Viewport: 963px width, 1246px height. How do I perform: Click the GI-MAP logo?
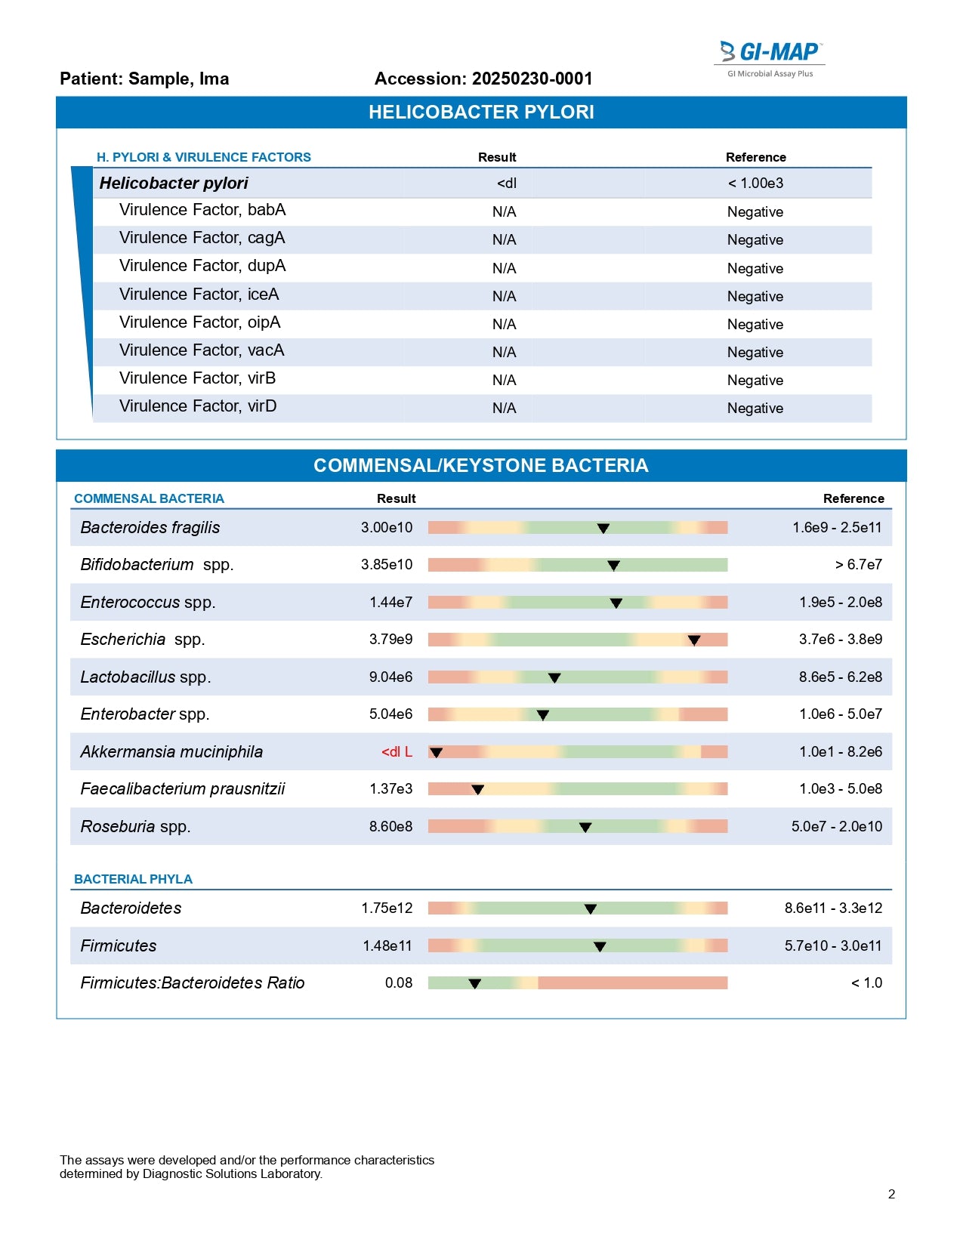(x=770, y=57)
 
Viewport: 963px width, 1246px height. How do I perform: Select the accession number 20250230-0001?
(x=532, y=79)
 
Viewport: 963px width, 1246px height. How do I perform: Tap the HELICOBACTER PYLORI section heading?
(x=481, y=113)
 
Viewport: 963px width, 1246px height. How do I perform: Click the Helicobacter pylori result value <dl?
(x=507, y=184)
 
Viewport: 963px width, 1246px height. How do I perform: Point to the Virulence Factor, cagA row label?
(x=202, y=238)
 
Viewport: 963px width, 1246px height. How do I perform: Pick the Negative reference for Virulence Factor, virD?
(x=755, y=409)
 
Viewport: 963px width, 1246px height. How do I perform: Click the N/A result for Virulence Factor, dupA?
(x=504, y=269)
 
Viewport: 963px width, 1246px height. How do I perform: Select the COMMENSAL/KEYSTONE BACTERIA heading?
(x=481, y=466)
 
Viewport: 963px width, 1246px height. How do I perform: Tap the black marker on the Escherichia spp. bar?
(x=694, y=640)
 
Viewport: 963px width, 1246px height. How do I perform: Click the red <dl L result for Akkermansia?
(x=397, y=752)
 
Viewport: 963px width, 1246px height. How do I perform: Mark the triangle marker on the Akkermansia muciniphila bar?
(x=436, y=752)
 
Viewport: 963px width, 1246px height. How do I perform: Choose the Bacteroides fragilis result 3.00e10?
(x=387, y=528)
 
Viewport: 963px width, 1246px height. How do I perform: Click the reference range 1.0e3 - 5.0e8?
(x=840, y=789)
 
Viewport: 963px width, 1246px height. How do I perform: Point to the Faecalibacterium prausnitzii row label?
(x=183, y=789)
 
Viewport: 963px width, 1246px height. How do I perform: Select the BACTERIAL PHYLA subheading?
(x=133, y=880)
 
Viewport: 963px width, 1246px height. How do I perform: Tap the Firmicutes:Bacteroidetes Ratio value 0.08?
(x=399, y=983)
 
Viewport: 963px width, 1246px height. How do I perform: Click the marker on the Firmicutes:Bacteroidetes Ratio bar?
(x=474, y=983)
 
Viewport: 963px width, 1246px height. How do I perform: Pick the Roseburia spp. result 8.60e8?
(x=390, y=827)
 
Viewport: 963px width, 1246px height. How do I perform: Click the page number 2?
(x=891, y=1195)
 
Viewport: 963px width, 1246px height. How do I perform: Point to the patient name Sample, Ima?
(x=178, y=79)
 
